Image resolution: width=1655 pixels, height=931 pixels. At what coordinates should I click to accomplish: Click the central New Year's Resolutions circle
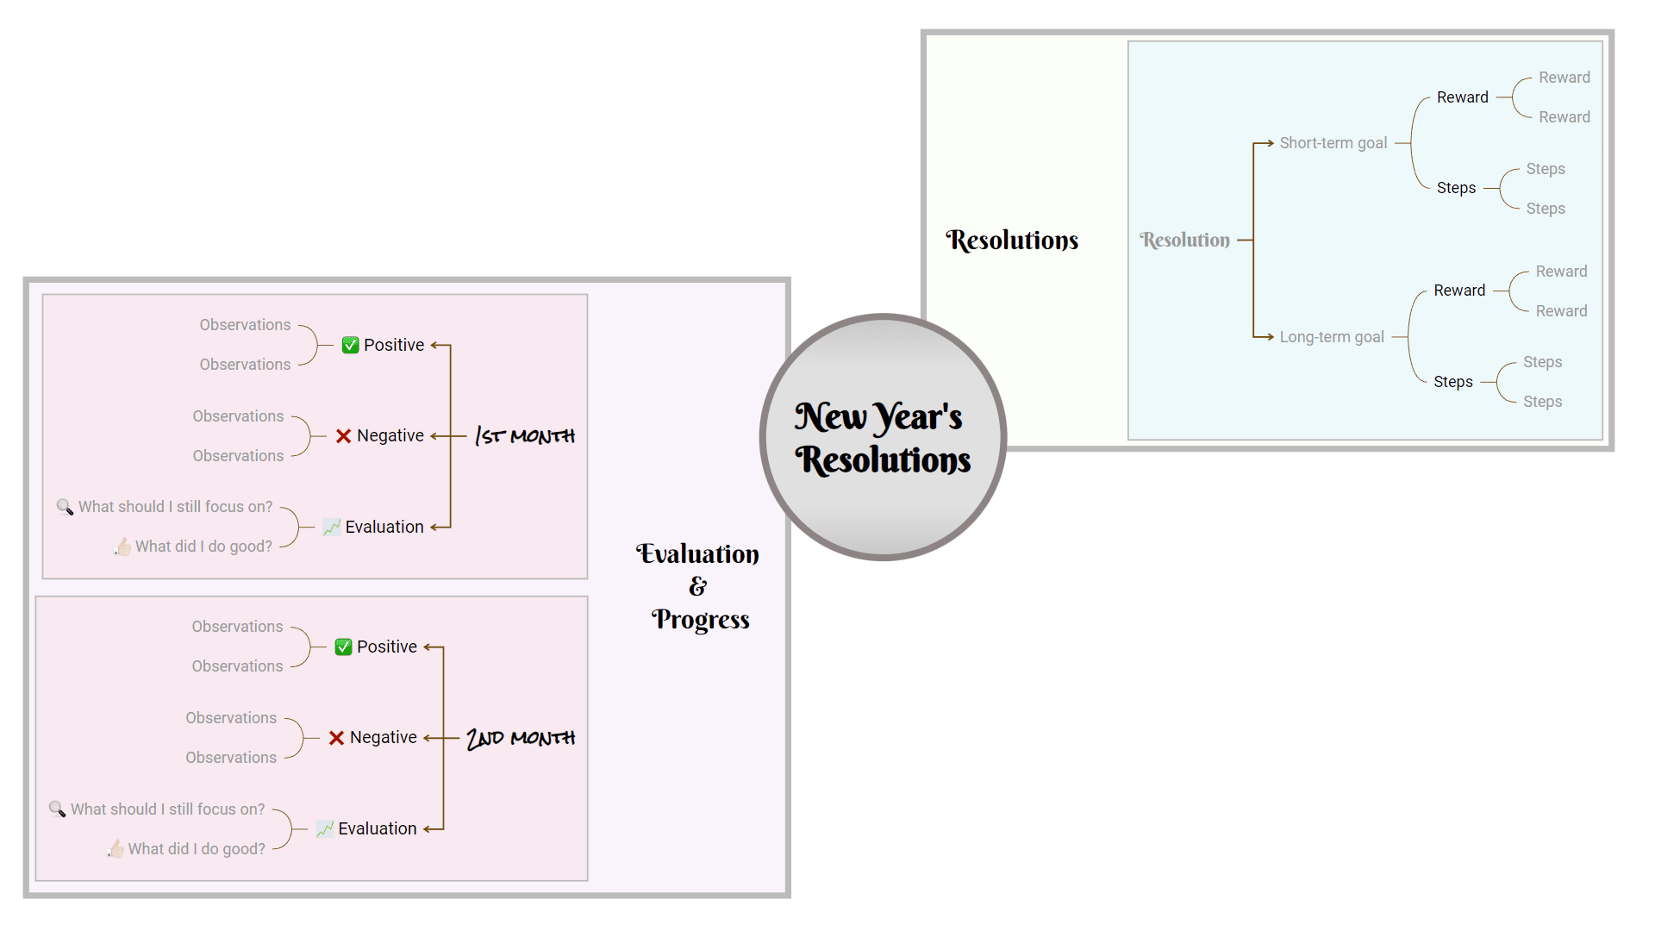883,437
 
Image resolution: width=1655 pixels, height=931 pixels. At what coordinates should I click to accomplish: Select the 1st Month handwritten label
525,436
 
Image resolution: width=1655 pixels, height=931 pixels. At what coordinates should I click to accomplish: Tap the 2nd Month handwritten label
521,738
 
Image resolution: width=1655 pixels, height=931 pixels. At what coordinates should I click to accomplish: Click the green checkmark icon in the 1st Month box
350,345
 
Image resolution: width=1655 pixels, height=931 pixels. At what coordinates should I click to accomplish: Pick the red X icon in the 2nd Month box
336,738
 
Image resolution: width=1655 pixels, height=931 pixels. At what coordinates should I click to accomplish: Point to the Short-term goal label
1333,143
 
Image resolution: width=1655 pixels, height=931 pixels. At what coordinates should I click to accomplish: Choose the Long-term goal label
1331,337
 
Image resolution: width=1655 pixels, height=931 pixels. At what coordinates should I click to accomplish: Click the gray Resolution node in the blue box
1184,241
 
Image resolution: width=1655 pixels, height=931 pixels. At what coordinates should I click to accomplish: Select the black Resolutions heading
1012,241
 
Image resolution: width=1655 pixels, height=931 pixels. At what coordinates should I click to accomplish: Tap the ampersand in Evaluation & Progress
697,587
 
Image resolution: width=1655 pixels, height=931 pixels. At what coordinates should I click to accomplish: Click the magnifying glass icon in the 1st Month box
65,507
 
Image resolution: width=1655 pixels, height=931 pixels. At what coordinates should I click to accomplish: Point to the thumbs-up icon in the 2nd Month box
116,849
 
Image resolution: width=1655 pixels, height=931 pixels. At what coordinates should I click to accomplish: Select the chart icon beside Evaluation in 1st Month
331,527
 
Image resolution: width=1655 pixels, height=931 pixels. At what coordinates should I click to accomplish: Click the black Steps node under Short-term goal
1456,188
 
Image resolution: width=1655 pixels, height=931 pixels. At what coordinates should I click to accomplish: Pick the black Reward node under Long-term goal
1459,291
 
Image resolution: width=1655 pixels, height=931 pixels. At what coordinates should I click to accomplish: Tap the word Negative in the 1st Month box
390,436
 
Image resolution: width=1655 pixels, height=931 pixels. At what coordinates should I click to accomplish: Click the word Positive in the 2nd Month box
386,647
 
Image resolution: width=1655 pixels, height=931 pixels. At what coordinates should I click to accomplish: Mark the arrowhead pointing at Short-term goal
1270,143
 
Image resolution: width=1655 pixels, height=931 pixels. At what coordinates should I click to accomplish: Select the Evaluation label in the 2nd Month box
377,828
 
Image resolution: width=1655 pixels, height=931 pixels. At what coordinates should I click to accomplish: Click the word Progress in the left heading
700,620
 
